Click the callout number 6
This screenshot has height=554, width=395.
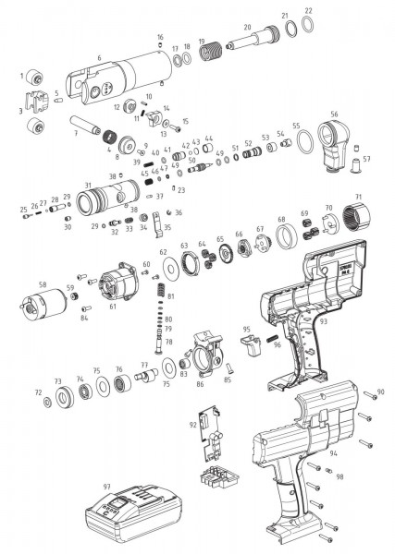98,57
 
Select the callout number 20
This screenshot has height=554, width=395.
247,27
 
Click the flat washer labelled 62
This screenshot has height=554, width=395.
170,269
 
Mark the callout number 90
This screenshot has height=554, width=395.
380,392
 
